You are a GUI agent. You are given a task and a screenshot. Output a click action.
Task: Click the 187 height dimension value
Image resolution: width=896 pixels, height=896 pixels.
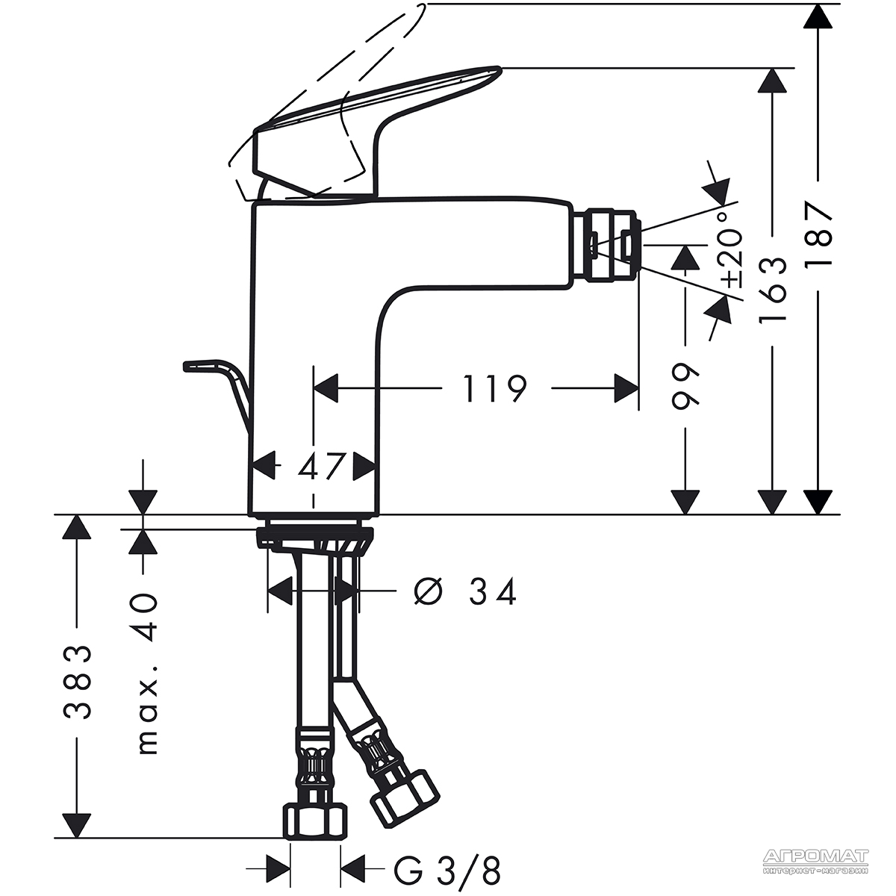tap(818, 234)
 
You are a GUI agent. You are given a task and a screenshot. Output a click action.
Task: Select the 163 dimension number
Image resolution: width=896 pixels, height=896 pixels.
tap(772, 289)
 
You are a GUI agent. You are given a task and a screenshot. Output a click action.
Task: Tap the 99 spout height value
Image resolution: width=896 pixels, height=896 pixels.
tap(685, 386)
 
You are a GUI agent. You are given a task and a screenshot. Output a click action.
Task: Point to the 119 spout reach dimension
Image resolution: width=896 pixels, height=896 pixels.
tap(495, 388)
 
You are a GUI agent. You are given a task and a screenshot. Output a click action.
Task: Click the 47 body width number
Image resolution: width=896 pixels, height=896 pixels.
tap(321, 466)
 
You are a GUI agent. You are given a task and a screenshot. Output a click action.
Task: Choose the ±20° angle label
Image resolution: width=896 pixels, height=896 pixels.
tap(730, 251)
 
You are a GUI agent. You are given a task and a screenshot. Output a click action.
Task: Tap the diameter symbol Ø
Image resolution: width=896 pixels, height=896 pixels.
tap(428, 592)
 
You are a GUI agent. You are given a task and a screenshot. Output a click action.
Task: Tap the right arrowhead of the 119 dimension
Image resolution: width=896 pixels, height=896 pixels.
tap(626, 389)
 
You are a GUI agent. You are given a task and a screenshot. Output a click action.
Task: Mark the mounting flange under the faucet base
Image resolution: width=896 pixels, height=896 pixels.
tap(314, 537)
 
